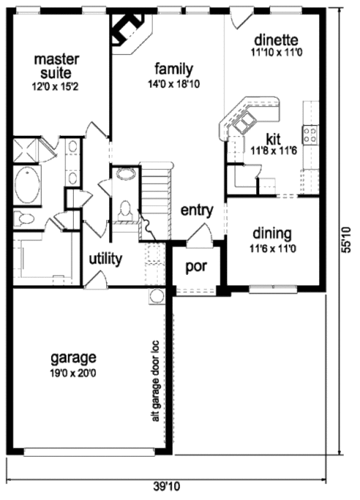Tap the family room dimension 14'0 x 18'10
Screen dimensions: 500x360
[x=173, y=84]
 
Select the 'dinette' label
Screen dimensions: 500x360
[x=276, y=40]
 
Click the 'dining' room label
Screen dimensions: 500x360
[x=271, y=233]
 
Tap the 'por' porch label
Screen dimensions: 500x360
[x=196, y=266]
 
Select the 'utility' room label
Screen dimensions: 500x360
[x=106, y=259]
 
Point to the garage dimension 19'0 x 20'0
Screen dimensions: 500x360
[x=73, y=372]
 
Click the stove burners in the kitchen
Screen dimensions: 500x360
[x=311, y=134]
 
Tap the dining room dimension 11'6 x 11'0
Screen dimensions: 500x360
[x=271, y=247]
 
